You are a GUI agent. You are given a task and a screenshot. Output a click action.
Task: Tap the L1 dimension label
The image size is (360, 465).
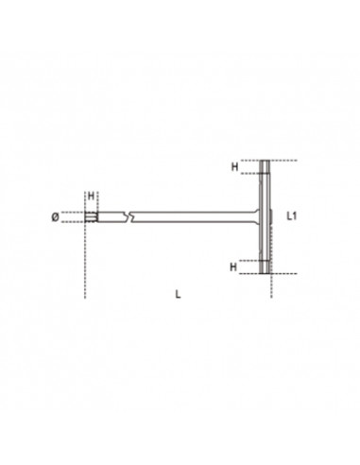(x=293, y=216)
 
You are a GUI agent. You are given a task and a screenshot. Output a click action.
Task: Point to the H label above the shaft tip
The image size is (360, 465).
(x=91, y=196)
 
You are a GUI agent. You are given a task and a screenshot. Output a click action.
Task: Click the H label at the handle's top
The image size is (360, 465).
(x=234, y=166)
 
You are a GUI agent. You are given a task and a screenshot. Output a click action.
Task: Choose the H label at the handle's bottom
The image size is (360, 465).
(x=234, y=266)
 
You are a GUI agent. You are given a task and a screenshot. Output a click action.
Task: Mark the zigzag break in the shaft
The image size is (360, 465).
(x=132, y=217)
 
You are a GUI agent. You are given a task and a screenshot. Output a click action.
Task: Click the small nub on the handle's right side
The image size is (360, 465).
(x=274, y=217)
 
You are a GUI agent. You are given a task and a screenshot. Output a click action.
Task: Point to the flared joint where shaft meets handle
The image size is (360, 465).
(x=255, y=217)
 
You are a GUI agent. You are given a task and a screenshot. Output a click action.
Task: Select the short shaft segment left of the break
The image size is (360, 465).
(x=111, y=217)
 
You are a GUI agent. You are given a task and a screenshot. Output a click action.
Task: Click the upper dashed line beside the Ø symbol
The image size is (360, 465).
(x=73, y=212)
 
